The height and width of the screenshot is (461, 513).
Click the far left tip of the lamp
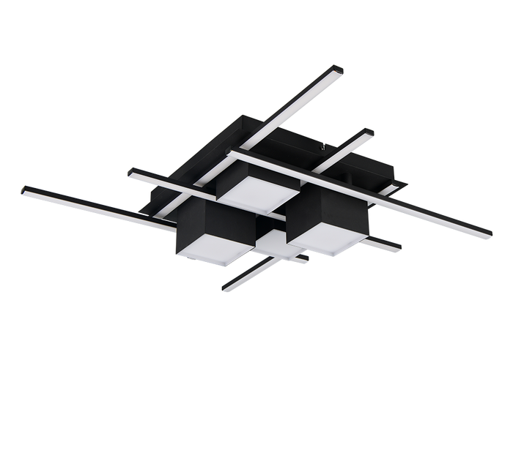pyautogui.click(x=22, y=189)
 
